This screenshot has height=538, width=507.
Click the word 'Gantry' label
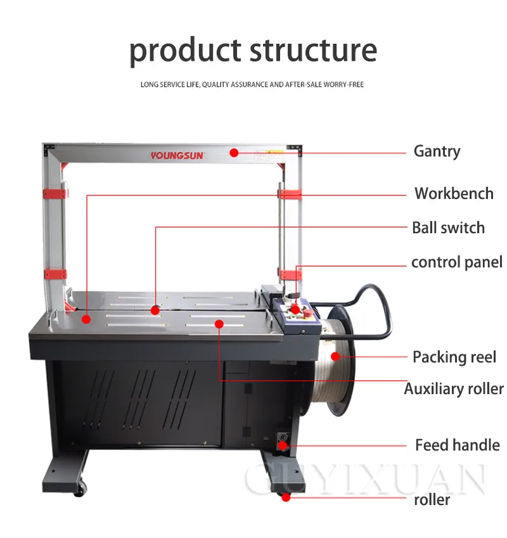point(437,151)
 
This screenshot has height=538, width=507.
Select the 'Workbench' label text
point(454,193)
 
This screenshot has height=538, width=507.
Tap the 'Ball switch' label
point(448,227)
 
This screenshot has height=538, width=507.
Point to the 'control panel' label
point(456,262)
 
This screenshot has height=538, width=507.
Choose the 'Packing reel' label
point(454,357)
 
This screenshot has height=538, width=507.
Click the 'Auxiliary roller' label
point(454,388)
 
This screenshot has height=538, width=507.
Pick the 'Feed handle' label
point(457,445)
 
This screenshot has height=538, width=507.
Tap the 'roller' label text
point(432,499)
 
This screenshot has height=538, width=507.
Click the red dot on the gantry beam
point(234,152)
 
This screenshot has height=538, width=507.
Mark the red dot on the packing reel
point(335,357)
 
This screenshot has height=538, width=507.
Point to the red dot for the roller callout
point(286,498)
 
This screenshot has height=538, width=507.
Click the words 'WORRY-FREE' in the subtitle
point(343,84)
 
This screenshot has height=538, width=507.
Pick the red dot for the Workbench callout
point(87,319)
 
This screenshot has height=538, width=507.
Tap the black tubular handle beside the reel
point(380,317)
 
